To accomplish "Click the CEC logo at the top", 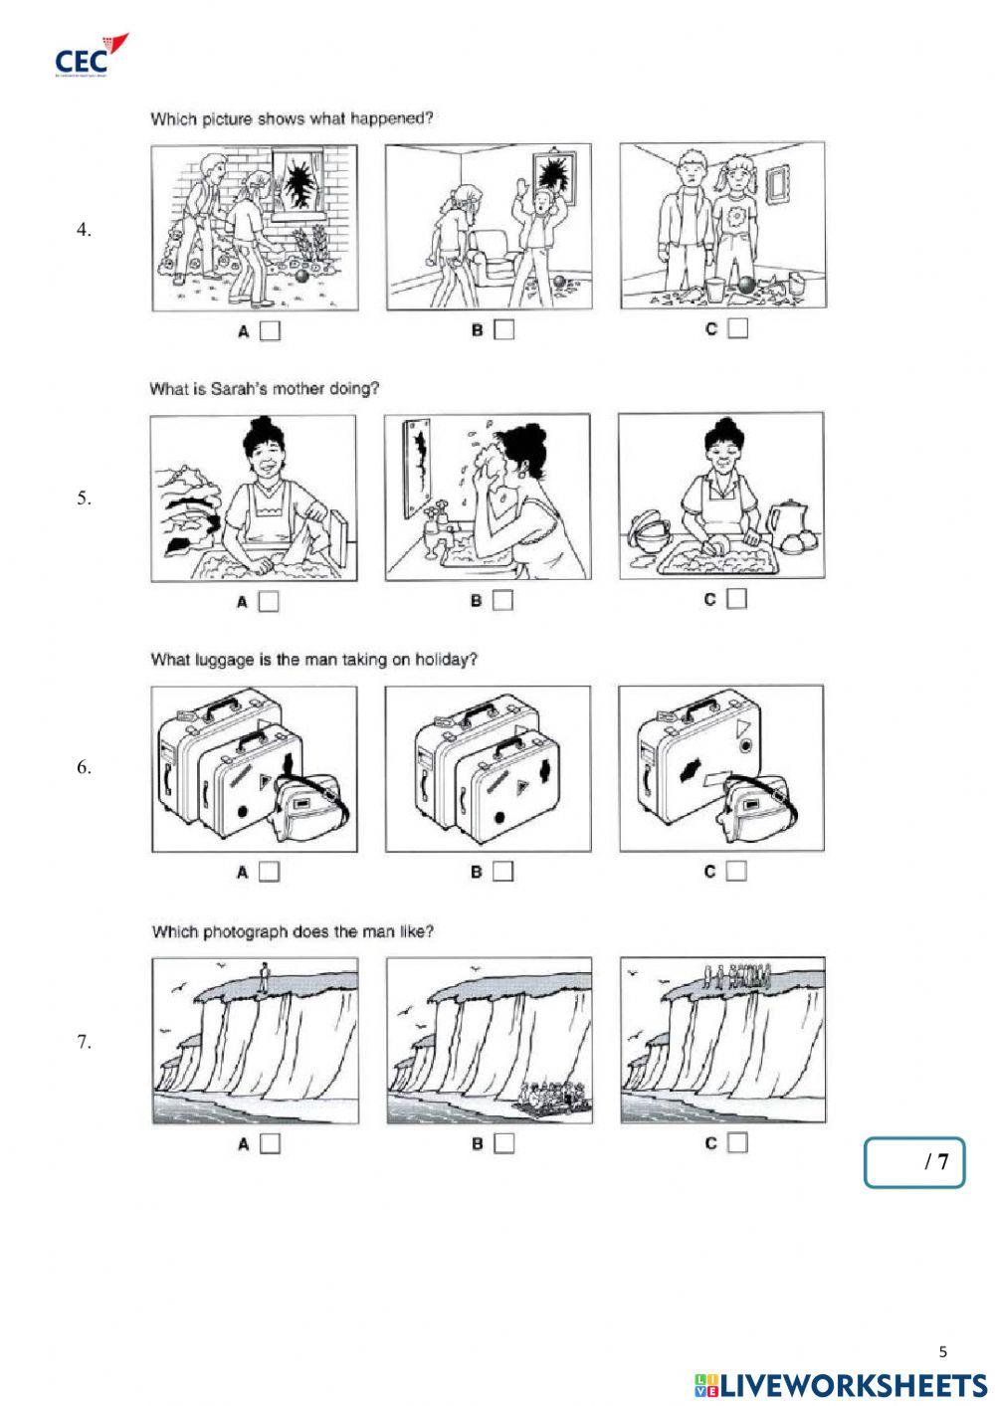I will tap(91, 56).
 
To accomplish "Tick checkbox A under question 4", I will tap(270, 330).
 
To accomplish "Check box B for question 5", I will tap(503, 600).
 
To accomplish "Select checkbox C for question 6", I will tap(736, 871).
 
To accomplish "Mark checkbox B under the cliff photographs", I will tap(503, 1143).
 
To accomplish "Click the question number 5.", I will tap(85, 499).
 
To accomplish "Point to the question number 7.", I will tap(85, 1042).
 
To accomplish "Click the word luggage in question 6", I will tap(213, 660).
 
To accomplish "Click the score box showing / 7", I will tap(914, 1162).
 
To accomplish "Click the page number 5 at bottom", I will tap(943, 1351).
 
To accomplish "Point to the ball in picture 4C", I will tap(747, 286).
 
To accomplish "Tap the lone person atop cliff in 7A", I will tap(264, 974).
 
